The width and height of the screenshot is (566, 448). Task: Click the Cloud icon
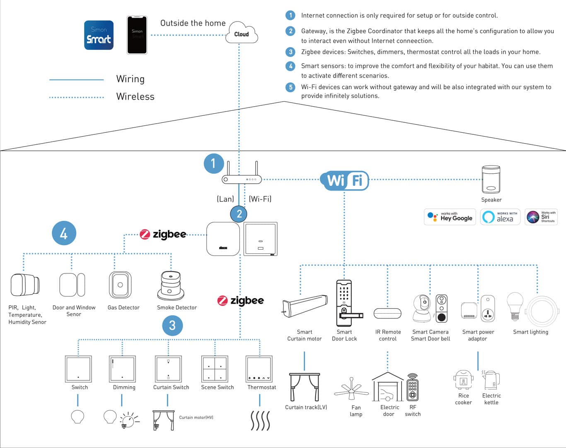click(242, 33)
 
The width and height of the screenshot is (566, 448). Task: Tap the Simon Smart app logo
click(99, 35)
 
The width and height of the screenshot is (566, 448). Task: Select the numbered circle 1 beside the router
click(214, 163)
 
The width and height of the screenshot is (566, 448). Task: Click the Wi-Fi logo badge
click(345, 180)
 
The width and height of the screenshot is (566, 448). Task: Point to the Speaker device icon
click(491, 179)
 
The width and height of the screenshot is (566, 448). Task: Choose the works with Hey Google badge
click(450, 217)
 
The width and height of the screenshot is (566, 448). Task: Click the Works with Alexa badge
click(500, 217)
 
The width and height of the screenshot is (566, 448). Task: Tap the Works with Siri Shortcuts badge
click(541, 217)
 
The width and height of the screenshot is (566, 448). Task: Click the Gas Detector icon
click(120, 285)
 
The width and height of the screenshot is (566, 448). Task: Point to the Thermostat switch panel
click(259, 369)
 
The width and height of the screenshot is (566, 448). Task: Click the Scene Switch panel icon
click(215, 369)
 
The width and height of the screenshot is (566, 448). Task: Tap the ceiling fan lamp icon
click(351, 390)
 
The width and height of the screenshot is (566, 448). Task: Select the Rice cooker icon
click(463, 380)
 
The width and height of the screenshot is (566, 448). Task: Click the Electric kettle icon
click(491, 380)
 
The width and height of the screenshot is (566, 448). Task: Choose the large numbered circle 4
click(64, 233)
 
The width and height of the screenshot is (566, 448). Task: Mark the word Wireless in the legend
click(135, 97)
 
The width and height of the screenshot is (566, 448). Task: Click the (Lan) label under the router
click(225, 199)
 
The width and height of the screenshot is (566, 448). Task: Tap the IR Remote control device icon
click(387, 313)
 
